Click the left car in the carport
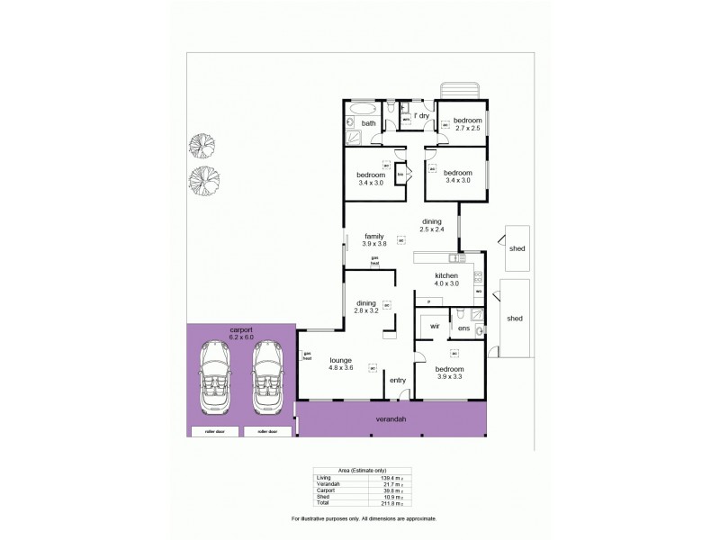(x=216, y=378)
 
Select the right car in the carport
(x=267, y=378)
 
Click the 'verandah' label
(x=391, y=420)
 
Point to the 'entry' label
(x=398, y=380)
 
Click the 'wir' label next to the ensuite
(x=433, y=326)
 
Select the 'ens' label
(x=463, y=328)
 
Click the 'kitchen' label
(x=447, y=275)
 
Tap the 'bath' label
(x=368, y=123)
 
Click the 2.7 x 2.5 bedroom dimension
(x=468, y=129)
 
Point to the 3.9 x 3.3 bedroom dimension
(x=449, y=377)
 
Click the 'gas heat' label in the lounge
(x=306, y=355)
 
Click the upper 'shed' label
(x=517, y=248)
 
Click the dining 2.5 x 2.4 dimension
(x=432, y=229)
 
